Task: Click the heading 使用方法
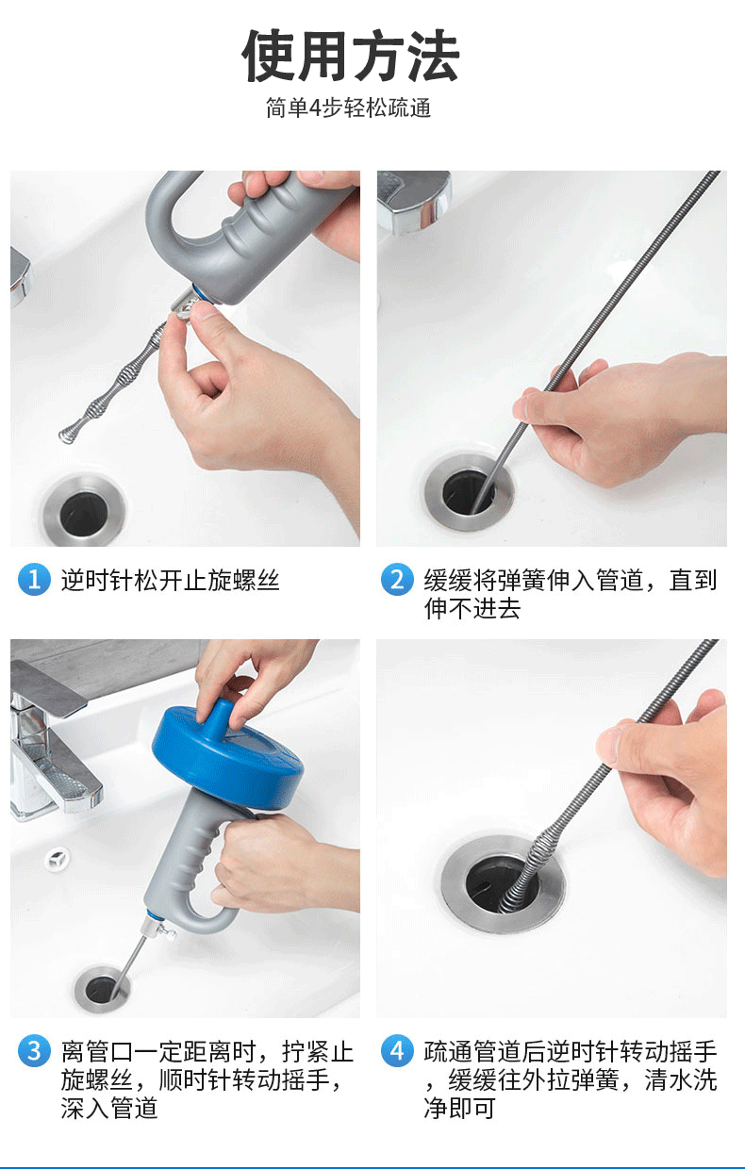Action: click(350, 56)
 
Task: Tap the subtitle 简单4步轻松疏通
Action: click(348, 108)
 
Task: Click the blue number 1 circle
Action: click(34, 580)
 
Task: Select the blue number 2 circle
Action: click(397, 579)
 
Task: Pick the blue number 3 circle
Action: click(34, 1050)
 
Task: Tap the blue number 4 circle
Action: click(397, 1050)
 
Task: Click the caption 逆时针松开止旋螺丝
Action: click(170, 581)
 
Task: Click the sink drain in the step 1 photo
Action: click(84, 510)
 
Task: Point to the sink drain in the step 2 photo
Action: click(469, 491)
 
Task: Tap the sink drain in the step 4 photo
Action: click(504, 884)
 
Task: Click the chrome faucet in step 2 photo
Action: click(414, 201)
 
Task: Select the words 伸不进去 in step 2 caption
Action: click(472, 609)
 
